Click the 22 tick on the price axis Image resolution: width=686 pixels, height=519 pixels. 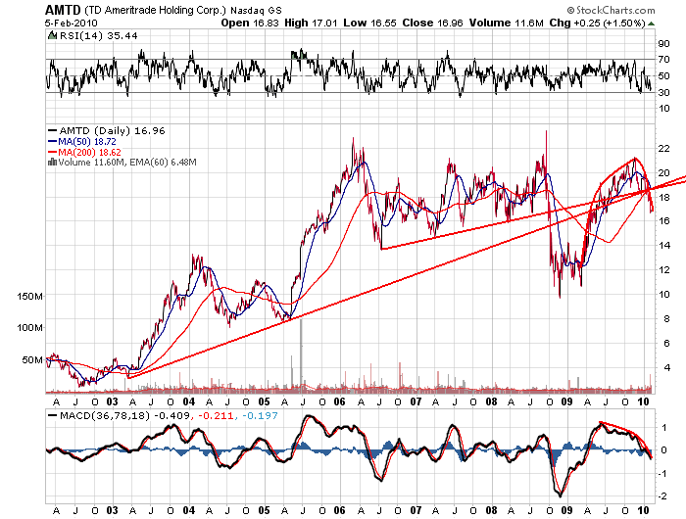[x=663, y=148]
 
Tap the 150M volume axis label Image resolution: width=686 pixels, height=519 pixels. [x=32, y=295]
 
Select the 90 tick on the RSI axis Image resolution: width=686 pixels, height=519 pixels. [x=663, y=45]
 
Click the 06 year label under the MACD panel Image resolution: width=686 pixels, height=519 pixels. [x=339, y=511]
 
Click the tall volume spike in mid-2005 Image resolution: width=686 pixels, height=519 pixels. [x=300, y=353]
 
